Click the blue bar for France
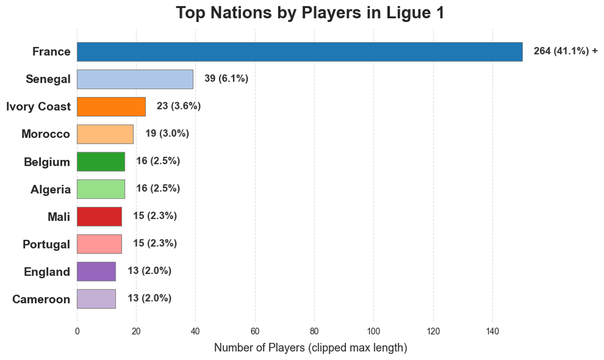coord(299,52)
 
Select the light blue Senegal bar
coord(135,79)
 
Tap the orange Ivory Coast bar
coord(111,106)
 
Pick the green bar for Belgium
coord(101,161)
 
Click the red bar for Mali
coord(99,216)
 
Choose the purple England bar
coord(96,271)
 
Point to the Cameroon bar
coord(96,298)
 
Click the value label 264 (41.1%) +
coord(565,52)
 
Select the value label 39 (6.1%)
coord(226,79)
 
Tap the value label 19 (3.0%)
coord(167,133)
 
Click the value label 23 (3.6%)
coord(179,106)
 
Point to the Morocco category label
coord(46,134)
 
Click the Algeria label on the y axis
coord(50,189)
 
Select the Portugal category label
coord(47,244)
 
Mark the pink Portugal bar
coord(99,244)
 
